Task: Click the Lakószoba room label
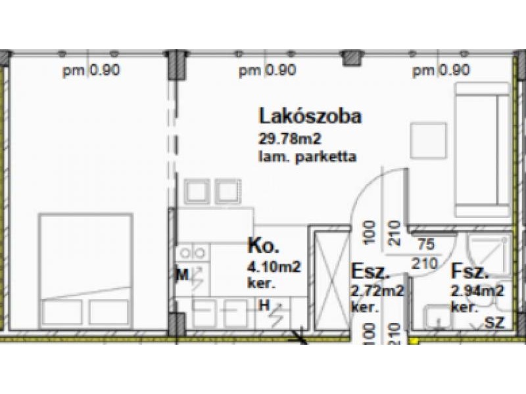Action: (x=310, y=116)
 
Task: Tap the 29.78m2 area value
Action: (x=290, y=139)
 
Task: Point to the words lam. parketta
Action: (x=307, y=156)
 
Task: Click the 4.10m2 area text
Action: (x=274, y=267)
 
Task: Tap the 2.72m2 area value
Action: (x=377, y=291)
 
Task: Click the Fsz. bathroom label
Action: (x=469, y=271)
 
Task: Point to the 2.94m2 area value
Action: (x=478, y=291)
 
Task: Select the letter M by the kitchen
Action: (x=183, y=275)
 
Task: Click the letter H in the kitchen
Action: (x=264, y=305)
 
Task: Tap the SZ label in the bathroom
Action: (x=495, y=322)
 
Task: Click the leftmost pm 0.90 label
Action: (x=91, y=71)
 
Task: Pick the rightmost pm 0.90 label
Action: (x=441, y=71)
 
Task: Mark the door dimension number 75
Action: (x=426, y=244)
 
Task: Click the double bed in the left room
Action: (x=86, y=270)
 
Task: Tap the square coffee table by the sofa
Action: (x=429, y=141)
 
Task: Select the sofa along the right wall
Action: (x=483, y=150)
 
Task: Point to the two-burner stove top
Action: (x=193, y=253)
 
